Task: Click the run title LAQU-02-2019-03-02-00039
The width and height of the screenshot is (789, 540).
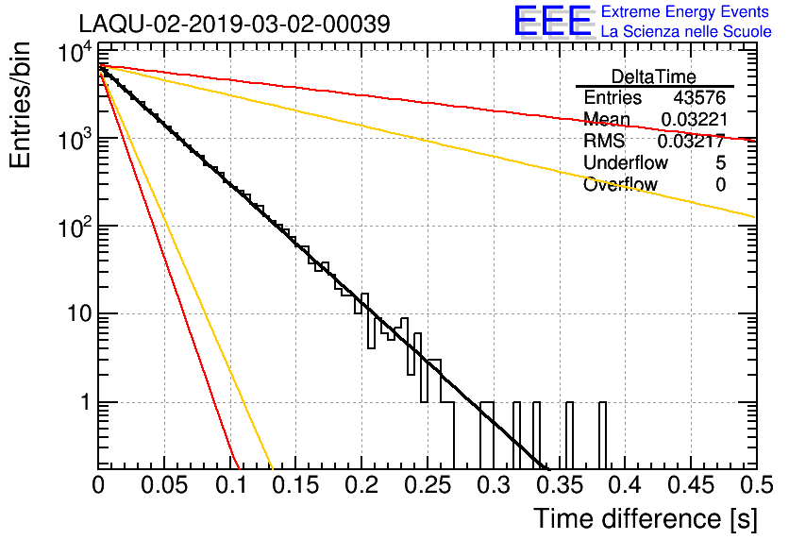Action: point(234,24)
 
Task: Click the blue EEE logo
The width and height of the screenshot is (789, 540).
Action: point(552,21)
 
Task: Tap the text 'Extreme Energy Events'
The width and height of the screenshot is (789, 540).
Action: point(685,11)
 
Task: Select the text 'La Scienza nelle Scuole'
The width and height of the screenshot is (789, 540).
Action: point(686,31)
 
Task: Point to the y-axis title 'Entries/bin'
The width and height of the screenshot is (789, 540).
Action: point(20,105)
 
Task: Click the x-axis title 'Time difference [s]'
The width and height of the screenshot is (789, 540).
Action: point(646,518)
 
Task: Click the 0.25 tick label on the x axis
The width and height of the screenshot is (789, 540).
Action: point(428,485)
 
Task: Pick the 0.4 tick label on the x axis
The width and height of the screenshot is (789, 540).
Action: point(626,485)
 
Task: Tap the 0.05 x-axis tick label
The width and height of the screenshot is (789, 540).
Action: point(164,485)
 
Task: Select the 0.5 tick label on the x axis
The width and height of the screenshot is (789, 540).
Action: point(756,485)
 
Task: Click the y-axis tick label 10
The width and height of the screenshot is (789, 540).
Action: point(80,314)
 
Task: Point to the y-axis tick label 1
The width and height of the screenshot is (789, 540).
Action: point(85,402)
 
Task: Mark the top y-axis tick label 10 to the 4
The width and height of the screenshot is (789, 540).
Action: point(75,52)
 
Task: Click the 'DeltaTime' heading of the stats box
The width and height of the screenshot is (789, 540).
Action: point(654,76)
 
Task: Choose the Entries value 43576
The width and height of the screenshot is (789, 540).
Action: point(699,97)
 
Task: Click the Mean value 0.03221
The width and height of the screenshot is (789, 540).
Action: point(694,119)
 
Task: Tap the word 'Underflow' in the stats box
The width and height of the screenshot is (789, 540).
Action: point(626,162)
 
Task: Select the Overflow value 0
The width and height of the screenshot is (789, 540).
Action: point(720,185)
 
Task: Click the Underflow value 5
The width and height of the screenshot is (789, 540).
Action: point(720,162)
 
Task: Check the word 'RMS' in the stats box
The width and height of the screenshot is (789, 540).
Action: point(604,141)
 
